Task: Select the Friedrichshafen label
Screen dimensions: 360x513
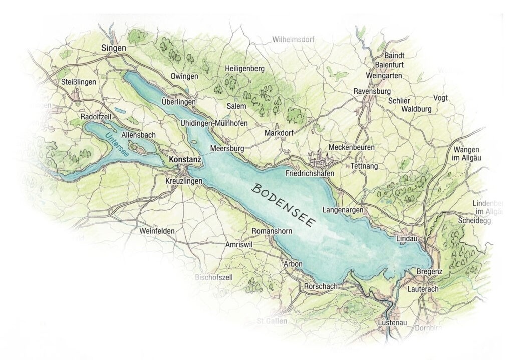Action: (309, 173)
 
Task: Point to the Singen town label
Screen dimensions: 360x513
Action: (114, 48)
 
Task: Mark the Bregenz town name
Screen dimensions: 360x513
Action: (429, 272)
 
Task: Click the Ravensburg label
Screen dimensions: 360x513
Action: (371, 92)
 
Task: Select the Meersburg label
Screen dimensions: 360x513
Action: (227, 149)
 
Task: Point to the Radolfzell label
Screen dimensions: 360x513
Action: (96, 117)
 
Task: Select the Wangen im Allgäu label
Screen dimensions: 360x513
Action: (466, 154)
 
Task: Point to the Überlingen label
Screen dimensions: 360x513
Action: (179, 102)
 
